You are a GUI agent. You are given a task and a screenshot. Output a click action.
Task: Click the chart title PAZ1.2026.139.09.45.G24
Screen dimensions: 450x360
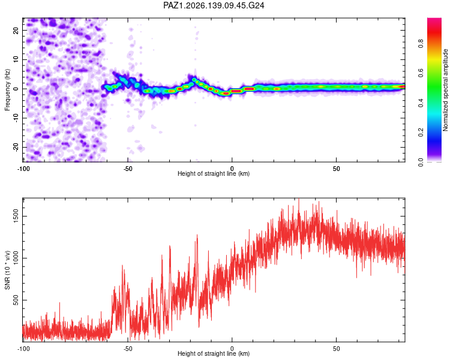click(x=214, y=5)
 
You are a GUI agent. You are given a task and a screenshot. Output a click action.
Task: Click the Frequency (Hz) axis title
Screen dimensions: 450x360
click(x=7, y=90)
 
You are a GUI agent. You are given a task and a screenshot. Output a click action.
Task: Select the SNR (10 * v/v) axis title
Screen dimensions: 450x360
click(x=7, y=270)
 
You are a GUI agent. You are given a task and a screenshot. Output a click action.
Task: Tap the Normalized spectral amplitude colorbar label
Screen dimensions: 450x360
click(x=445, y=90)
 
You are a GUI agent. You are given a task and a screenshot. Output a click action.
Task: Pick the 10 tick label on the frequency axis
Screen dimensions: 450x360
click(x=16, y=60)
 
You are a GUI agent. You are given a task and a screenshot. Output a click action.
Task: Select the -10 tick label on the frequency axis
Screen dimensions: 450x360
click(x=16, y=118)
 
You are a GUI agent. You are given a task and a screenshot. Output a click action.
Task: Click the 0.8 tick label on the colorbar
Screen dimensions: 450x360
click(x=421, y=43)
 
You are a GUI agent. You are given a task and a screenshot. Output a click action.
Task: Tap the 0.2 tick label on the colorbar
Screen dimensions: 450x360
click(x=421, y=133)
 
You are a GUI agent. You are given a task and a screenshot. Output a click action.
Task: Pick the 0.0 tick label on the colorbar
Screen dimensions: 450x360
click(x=421, y=162)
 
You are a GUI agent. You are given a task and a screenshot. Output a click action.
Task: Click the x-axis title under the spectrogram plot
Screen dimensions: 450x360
click(x=214, y=173)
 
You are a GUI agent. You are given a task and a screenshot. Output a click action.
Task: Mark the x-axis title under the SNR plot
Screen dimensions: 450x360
click(x=214, y=353)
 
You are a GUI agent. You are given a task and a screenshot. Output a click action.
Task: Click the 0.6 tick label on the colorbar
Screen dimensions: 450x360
click(x=421, y=73)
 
